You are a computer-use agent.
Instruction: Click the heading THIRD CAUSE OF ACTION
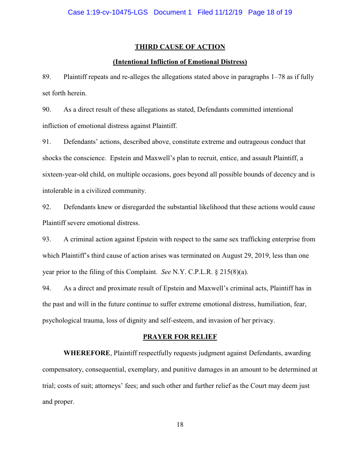pos(180,47)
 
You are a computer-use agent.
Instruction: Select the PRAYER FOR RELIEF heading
pos(180,337)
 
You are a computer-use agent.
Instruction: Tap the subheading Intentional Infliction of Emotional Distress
pos(180,62)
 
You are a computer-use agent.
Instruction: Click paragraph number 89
pos(46,77)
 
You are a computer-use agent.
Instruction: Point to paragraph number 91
pos(46,142)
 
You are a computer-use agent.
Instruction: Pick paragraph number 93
pos(46,239)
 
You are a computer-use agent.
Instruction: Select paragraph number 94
pos(46,288)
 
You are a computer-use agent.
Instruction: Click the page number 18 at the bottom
pos(180,425)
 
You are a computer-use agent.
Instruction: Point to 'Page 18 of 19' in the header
pos(270,12)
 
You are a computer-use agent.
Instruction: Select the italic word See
pos(166,272)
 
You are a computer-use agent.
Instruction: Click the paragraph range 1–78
pos(277,77)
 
